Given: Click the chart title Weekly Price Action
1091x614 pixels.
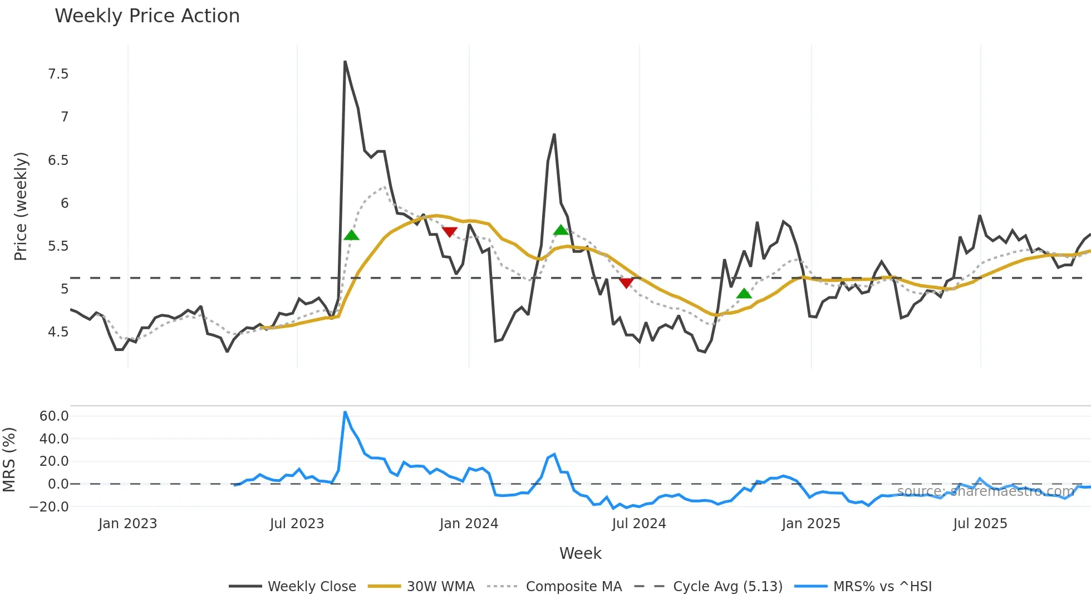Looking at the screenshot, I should pyautogui.click(x=147, y=16).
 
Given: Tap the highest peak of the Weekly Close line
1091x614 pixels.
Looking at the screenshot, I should pyautogui.click(x=345, y=62).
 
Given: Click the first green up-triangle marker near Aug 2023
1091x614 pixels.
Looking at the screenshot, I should pyautogui.click(x=351, y=235).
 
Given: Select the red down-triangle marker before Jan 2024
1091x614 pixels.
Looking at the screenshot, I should pyautogui.click(x=449, y=232).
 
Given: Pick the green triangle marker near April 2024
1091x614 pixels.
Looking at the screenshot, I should pyautogui.click(x=561, y=230).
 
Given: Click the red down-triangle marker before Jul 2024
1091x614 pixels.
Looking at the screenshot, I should pyautogui.click(x=626, y=283).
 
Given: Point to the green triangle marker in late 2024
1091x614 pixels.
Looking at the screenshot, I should pyautogui.click(x=744, y=294).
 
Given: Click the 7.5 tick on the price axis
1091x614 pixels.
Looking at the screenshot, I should pyautogui.click(x=58, y=74).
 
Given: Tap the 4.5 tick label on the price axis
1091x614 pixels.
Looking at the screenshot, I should pyautogui.click(x=58, y=332).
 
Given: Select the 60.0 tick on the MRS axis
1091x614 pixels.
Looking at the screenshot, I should pyautogui.click(x=54, y=416).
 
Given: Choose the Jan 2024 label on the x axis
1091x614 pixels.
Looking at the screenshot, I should pyautogui.click(x=469, y=524).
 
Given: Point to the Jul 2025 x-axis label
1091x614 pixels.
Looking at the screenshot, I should pyautogui.click(x=980, y=524).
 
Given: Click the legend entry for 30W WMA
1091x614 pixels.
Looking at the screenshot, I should pyautogui.click(x=440, y=587).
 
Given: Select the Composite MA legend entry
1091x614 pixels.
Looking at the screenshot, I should pyautogui.click(x=573, y=587).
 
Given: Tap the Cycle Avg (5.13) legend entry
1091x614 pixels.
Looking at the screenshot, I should pyautogui.click(x=727, y=587).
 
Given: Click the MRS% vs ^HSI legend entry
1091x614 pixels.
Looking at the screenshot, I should pyautogui.click(x=882, y=587).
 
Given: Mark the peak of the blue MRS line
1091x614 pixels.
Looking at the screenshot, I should pyautogui.click(x=345, y=412).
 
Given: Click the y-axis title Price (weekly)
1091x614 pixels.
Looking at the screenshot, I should pyautogui.click(x=21, y=206).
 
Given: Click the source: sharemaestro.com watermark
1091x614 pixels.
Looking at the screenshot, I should pyautogui.click(x=985, y=491).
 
